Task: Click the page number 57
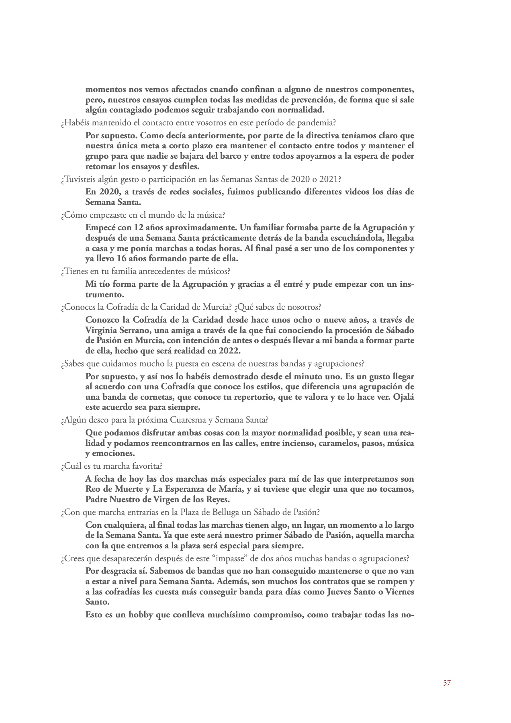click(447, 683)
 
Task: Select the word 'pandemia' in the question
click(313, 123)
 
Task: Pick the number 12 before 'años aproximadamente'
click(139, 227)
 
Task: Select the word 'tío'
click(103, 284)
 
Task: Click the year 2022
click(231, 350)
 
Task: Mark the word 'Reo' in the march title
click(93, 489)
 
